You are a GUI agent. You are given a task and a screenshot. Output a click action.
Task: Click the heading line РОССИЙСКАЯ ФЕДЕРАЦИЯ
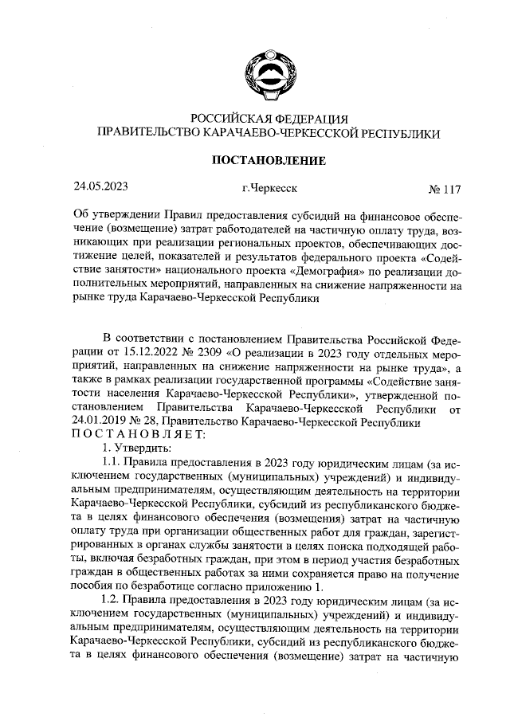click(x=267, y=120)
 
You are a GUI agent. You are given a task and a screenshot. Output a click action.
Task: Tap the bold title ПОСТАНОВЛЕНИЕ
click(x=267, y=161)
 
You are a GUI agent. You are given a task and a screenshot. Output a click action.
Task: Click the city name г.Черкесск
click(x=269, y=189)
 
